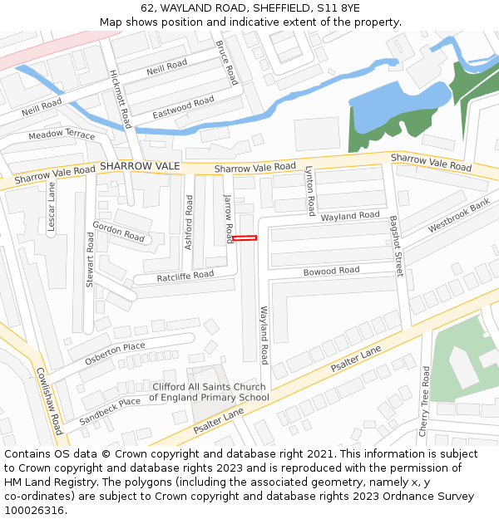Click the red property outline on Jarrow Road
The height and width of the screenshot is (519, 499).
[245, 238]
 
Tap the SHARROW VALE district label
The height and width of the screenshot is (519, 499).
[140, 167]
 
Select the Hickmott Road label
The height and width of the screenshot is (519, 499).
[121, 99]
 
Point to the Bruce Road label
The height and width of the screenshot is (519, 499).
[227, 62]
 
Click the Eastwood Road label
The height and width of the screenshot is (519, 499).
[183, 107]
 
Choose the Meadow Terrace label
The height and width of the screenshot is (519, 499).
[62, 135]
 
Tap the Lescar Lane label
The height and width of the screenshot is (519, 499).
[51, 207]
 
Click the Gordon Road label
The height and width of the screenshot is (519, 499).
[119, 231]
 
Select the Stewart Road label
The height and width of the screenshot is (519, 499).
[90, 260]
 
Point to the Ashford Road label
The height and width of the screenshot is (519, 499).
[189, 223]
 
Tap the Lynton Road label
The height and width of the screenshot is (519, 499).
[310, 190]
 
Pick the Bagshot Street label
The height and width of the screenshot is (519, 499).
[396, 246]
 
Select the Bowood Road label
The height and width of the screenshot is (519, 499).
[331, 272]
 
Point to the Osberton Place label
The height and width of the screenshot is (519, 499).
[115, 353]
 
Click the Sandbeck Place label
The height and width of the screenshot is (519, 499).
[110, 411]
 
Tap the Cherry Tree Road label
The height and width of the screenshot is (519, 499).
[425, 403]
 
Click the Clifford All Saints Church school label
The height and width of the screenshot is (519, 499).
[209, 392]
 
